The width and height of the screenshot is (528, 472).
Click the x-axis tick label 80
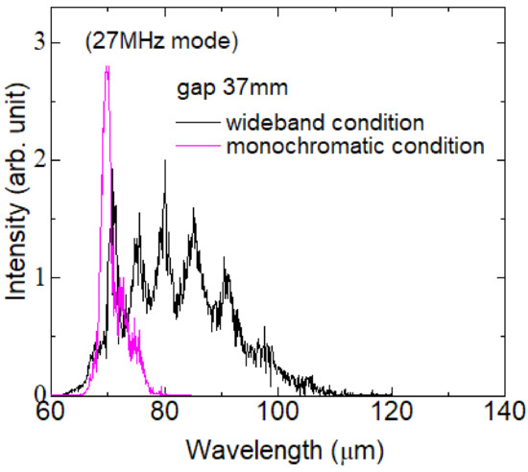(164, 414)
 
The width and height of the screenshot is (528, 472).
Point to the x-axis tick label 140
(503, 414)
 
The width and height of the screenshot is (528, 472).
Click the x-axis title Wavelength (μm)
(277, 449)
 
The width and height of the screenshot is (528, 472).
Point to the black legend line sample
(196, 126)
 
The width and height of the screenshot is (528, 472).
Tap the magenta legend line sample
(196, 149)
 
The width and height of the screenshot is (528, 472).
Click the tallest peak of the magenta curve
(107, 65)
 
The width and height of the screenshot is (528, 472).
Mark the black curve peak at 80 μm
(165, 161)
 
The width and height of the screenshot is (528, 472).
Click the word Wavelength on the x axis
(243, 449)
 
